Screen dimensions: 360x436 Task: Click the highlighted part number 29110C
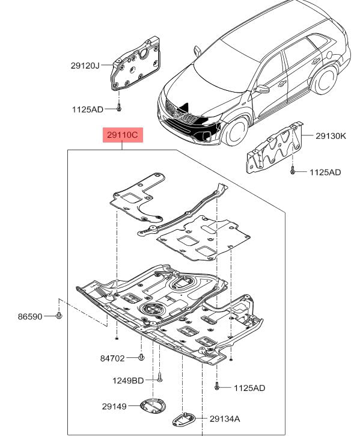coord(123,135)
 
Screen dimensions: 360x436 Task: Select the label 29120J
coord(85,66)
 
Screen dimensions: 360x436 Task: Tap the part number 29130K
coord(331,136)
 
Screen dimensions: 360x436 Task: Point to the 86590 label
coord(30,316)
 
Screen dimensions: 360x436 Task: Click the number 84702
coord(112,358)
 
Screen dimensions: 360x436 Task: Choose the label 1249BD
coord(128,381)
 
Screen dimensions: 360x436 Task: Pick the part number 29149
coord(114,407)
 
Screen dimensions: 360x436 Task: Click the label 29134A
coord(225,419)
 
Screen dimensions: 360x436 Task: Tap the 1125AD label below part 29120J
coord(88,109)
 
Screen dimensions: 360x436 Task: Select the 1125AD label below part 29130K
coord(325,173)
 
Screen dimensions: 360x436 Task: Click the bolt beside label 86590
coord(59,316)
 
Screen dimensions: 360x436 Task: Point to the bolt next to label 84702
coord(141,357)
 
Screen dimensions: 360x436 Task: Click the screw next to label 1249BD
coord(160,377)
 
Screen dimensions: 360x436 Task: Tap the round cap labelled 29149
coord(153,407)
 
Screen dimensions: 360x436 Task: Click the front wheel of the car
coord(237,131)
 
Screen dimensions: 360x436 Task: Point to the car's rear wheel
coord(325,80)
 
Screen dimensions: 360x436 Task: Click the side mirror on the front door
coord(261,89)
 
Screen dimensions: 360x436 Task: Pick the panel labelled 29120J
coord(136,64)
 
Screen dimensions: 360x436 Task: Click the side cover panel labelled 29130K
coord(274,148)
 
